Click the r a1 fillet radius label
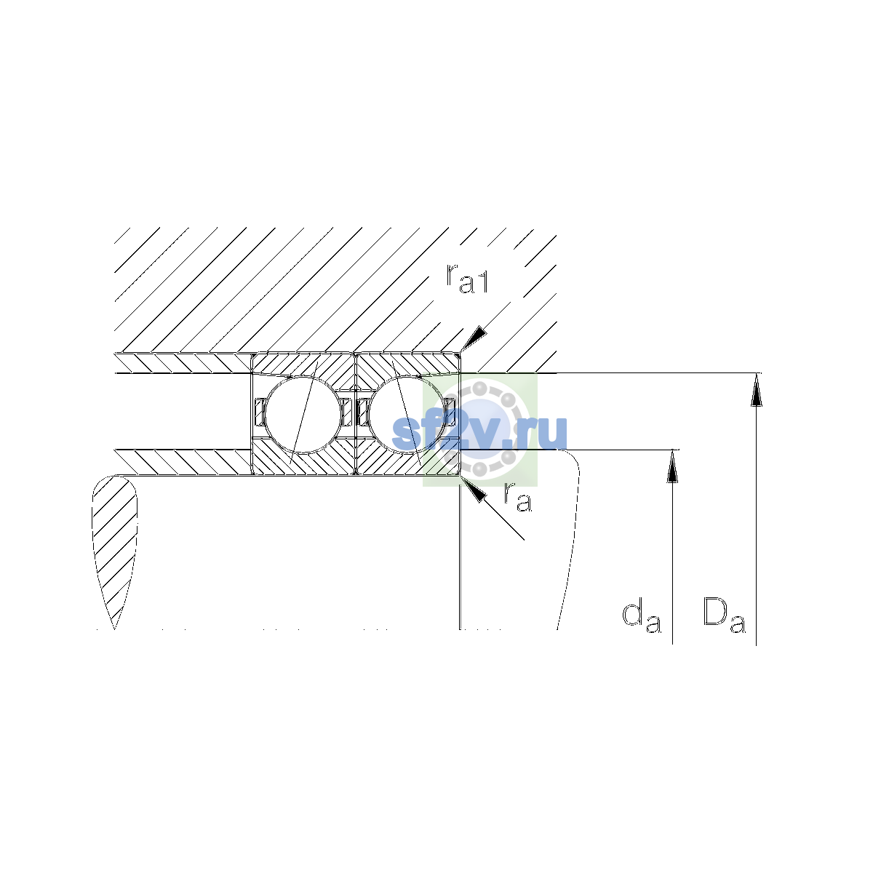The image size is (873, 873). [x=467, y=279]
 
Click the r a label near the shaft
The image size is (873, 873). [x=517, y=497]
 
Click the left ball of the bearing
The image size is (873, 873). [x=303, y=415]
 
